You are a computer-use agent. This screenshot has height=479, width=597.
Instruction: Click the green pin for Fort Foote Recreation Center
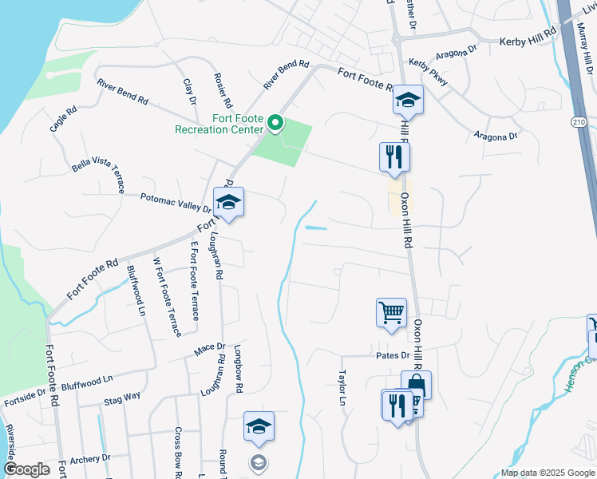[x=276, y=123]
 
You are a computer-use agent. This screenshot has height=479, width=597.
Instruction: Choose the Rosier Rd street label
[x=222, y=90]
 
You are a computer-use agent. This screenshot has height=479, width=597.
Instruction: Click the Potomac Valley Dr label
[x=176, y=202]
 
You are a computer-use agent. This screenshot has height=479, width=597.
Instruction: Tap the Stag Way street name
[x=123, y=396]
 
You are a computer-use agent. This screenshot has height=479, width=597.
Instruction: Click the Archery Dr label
[x=89, y=459]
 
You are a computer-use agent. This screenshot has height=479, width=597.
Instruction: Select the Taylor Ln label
[x=342, y=387]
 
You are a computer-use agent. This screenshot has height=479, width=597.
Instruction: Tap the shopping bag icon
[x=416, y=385]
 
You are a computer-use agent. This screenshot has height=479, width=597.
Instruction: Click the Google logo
[x=26, y=469]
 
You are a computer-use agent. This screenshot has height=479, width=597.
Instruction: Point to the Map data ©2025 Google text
[x=548, y=473]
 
